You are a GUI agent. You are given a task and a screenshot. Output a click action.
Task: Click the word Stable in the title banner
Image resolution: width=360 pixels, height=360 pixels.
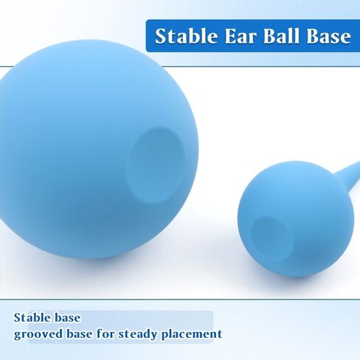187,36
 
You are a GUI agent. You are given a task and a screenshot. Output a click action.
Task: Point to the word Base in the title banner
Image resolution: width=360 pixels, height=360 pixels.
329,36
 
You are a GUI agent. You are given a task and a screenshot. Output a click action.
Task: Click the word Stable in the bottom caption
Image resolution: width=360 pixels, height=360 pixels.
31,317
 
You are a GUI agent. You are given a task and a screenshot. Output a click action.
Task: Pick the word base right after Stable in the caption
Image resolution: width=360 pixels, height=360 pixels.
66,317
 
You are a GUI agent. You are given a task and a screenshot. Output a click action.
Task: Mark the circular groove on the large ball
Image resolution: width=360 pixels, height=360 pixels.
156,165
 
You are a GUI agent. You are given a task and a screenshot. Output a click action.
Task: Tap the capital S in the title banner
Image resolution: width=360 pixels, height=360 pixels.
161,36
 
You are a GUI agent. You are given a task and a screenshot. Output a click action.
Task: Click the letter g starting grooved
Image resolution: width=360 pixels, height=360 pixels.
18,336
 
